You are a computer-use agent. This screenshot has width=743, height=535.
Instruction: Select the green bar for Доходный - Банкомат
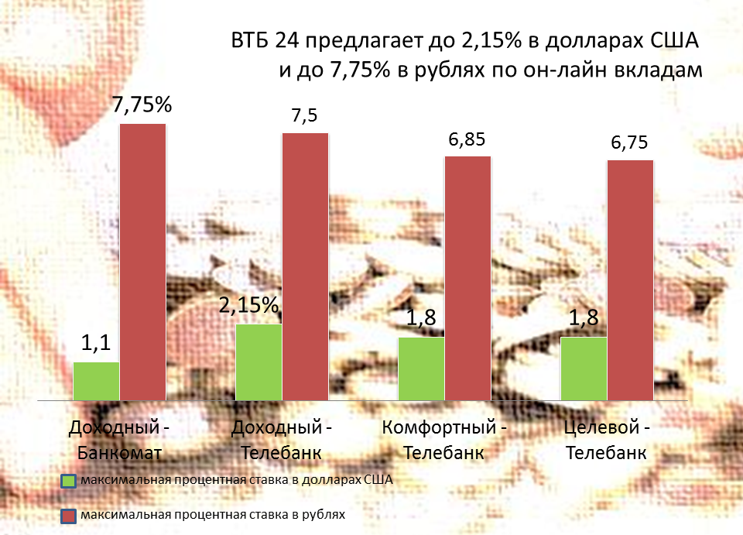tap(96, 380)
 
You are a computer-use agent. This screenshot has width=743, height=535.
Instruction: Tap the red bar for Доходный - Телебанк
tap(305, 266)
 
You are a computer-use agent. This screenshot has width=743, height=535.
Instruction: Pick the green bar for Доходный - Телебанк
tap(259, 362)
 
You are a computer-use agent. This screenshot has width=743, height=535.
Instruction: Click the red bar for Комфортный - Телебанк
tap(467, 278)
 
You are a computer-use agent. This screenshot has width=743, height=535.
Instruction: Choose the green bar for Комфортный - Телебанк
tap(421, 369)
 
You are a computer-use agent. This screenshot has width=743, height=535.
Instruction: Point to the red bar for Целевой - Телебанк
tap(630, 280)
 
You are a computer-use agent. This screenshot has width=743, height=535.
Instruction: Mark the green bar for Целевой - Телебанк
tap(584, 369)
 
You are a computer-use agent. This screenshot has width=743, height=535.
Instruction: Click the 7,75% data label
tap(142, 107)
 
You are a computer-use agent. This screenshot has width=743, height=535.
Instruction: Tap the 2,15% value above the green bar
tap(248, 306)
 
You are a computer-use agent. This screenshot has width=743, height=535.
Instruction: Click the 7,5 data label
tap(304, 116)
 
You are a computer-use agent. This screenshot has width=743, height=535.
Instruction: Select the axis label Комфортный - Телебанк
tap(444, 439)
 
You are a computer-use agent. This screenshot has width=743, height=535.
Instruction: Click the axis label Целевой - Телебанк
tap(607, 439)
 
